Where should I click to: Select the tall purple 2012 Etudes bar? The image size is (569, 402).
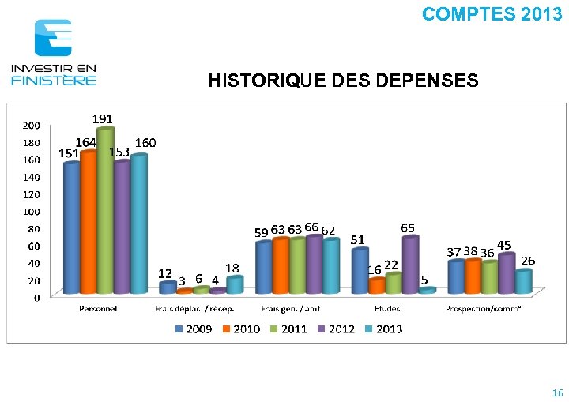(410, 265)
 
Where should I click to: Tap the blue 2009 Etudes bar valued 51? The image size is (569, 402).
(360, 271)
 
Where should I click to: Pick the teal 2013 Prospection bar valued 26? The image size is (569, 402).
(523, 282)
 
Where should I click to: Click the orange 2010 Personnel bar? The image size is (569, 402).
(89, 222)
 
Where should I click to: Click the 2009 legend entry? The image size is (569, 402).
(193, 329)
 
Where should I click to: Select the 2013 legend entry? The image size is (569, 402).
(382, 329)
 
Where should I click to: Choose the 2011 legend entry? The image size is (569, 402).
(288, 329)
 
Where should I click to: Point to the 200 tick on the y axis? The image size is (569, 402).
(32, 126)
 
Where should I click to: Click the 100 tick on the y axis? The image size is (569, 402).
(32, 212)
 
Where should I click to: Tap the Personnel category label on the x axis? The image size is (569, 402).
(98, 309)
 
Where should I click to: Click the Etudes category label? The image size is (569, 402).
(388, 309)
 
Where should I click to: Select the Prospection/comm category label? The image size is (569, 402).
(483, 309)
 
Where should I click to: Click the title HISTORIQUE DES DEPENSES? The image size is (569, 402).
(343, 81)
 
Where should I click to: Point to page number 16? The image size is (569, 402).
(557, 393)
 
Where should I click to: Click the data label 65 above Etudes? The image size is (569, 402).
(409, 227)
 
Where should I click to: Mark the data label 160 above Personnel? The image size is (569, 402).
(146, 143)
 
